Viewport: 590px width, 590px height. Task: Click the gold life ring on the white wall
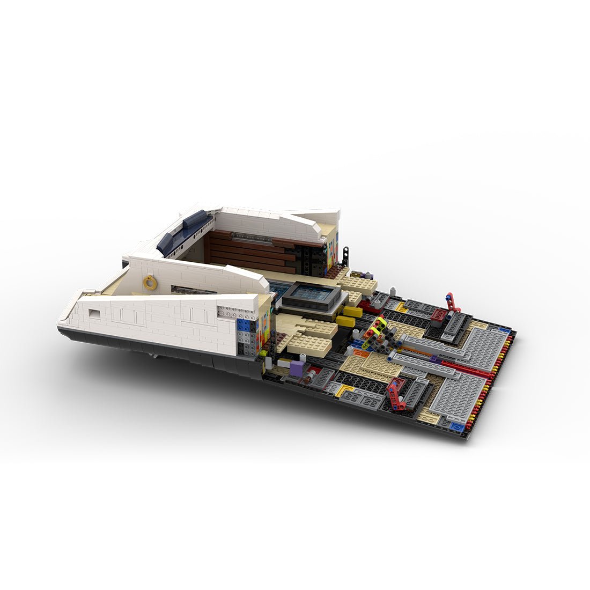click(x=150, y=283)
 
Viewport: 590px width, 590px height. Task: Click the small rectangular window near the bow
click(x=94, y=314)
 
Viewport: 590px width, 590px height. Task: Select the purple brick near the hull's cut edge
click(x=296, y=367)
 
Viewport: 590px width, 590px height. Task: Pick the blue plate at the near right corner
click(x=456, y=426)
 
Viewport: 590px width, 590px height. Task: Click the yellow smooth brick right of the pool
click(x=352, y=311)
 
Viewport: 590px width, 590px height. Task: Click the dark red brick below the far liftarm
click(x=438, y=315)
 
